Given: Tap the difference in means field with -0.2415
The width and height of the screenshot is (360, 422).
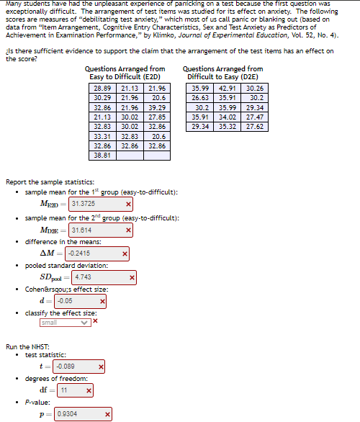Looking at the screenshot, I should pos(92,253).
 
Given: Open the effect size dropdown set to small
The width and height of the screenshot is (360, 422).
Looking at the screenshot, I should pos(74,323).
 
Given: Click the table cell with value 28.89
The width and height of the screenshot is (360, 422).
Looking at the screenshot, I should pos(102,88).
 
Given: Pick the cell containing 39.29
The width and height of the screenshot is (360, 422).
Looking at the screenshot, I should pos(158,107).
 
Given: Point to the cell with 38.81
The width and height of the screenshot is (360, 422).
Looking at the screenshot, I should pos(102,154).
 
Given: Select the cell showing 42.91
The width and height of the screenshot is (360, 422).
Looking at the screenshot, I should pos(228,88).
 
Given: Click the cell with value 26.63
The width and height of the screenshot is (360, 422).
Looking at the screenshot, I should pos(200,97).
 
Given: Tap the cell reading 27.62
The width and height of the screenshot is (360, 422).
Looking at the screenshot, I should pos(255,126).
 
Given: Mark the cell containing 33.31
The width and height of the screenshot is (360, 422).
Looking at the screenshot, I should pos(102,135).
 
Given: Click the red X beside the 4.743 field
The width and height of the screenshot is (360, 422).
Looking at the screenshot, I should pos(132,277).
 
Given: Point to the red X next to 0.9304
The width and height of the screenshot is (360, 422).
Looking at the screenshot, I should pos(108,414).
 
